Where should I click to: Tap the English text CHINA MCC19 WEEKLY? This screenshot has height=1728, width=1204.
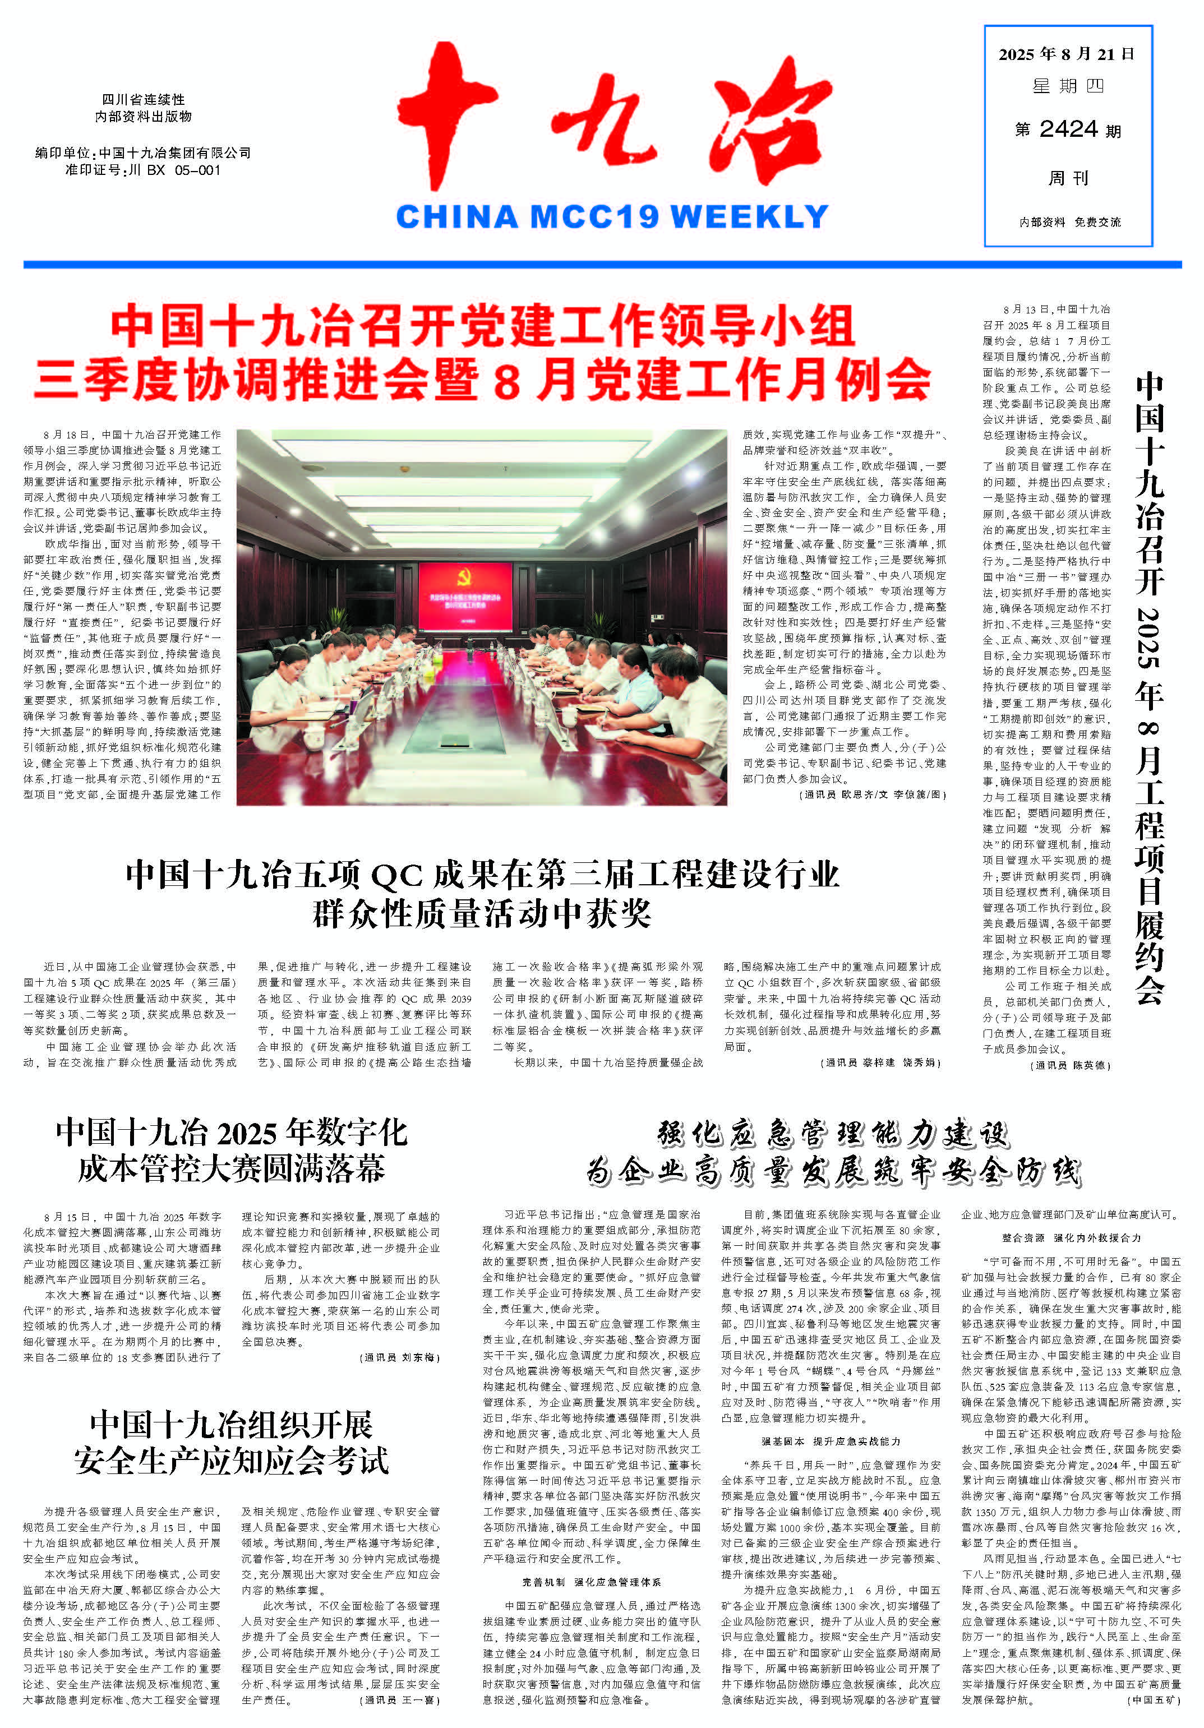coord(611,217)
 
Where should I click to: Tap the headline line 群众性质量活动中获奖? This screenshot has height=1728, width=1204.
coord(482,914)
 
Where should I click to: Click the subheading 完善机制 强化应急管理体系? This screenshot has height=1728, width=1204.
coord(591,1582)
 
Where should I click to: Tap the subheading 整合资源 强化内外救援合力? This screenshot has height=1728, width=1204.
coord(1071,1237)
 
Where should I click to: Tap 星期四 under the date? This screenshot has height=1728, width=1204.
coord(1068,86)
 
